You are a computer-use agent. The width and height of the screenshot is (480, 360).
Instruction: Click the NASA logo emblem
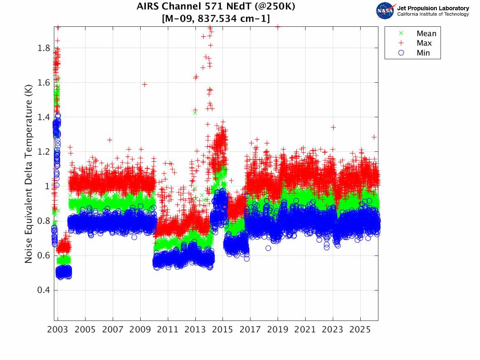click(385, 11)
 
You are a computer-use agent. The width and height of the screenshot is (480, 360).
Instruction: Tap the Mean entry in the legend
click(426, 34)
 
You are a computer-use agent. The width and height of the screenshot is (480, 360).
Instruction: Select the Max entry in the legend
click(424, 43)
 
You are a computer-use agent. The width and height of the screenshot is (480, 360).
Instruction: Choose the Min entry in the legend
click(423, 53)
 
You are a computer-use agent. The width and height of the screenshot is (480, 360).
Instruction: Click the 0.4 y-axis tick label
click(44, 290)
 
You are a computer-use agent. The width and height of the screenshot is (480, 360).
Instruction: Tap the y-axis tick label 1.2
click(44, 152)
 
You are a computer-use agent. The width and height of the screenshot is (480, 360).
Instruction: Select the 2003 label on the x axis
click(58, 330)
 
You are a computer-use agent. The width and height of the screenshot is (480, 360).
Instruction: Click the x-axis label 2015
click(223, 330)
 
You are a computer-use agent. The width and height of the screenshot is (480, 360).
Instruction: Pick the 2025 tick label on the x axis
click(360, 330)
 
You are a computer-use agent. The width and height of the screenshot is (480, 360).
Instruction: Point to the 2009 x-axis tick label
click(140, 330)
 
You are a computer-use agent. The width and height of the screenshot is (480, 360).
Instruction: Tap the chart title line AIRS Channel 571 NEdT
click(216, 7)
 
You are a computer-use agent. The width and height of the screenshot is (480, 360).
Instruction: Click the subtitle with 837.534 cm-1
click(216, 18)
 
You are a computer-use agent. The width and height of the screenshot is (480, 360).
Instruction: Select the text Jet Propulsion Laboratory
click(433, 8)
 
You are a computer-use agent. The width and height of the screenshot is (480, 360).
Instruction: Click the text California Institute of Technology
click(433, 14)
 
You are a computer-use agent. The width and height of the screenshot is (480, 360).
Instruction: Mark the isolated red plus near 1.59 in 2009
click(145, 84)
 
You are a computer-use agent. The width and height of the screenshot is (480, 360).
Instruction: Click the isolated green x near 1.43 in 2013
click(195, 112)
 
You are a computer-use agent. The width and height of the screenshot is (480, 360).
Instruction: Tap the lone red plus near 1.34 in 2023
click(333, 127)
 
